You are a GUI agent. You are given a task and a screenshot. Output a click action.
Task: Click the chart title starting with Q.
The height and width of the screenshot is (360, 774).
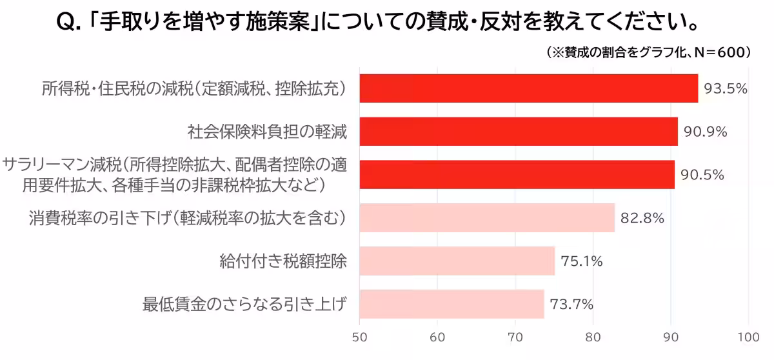pos(378,23)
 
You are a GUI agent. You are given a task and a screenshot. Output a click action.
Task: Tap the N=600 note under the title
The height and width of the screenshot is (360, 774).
pos(648,52)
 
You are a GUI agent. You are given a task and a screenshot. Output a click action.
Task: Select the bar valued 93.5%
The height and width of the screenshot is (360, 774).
pos(528,88)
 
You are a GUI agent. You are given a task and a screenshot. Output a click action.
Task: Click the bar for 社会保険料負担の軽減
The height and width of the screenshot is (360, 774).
pos(519,132)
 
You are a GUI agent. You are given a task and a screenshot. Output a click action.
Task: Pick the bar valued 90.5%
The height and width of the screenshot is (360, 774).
pos(517,175)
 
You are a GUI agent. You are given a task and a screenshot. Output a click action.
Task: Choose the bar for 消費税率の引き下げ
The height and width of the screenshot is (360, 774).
pos(487,218)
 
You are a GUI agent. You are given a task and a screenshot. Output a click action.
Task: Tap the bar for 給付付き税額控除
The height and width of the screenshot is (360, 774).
pos(457,261)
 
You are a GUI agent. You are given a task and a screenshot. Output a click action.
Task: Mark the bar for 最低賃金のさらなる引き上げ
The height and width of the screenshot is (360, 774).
pos(451,304)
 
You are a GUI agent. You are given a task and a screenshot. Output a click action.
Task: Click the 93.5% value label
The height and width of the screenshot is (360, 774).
pos(726,89)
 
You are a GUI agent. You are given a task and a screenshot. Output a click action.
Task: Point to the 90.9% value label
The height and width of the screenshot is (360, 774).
pos(706,132)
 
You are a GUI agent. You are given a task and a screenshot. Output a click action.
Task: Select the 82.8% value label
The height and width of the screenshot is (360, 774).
pos(642,218)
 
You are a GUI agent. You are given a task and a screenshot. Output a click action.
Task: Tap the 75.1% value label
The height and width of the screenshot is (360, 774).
pos(582,261)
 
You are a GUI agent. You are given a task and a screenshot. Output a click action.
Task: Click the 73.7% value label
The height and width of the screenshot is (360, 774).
pos(571,305)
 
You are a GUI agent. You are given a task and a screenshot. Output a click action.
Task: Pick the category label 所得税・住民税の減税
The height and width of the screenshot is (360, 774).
pos(194,89)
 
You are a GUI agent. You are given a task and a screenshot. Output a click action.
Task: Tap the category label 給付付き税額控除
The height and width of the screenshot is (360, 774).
pos(284,261)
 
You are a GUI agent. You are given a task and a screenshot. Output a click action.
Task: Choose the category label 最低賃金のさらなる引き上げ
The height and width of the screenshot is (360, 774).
pos(245,305)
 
